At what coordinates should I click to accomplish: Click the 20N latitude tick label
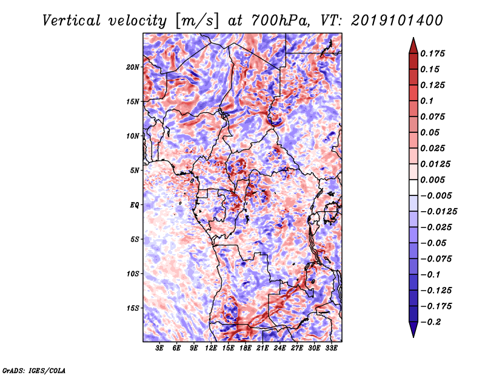click(133, 67)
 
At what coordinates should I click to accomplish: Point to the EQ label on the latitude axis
click(135, 205)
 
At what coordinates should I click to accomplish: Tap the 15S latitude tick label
click(133, 308)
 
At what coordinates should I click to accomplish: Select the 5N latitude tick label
click(135, 171)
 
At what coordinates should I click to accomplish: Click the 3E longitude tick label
click(159, 348)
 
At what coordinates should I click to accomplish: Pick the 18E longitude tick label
click(246, 348)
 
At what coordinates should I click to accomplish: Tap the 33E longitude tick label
click(331, 348)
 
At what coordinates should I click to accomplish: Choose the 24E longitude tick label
click(279, 348)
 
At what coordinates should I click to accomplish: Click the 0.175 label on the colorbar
click(432, 54)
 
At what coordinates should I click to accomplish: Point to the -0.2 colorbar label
click(430, 322)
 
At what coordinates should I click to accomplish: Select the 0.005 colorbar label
click(432, 180)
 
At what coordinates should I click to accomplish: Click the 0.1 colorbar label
click(427, 101)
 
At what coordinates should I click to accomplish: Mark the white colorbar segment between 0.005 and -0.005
click(413, 187)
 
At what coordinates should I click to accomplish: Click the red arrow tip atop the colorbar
click(413, 38)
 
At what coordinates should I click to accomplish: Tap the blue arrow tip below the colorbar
click(413, 337)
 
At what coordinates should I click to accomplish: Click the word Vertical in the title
click(71, 21)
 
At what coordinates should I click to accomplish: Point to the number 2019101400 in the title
click(397, 21)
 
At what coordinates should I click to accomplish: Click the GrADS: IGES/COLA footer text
click(34, 371)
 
